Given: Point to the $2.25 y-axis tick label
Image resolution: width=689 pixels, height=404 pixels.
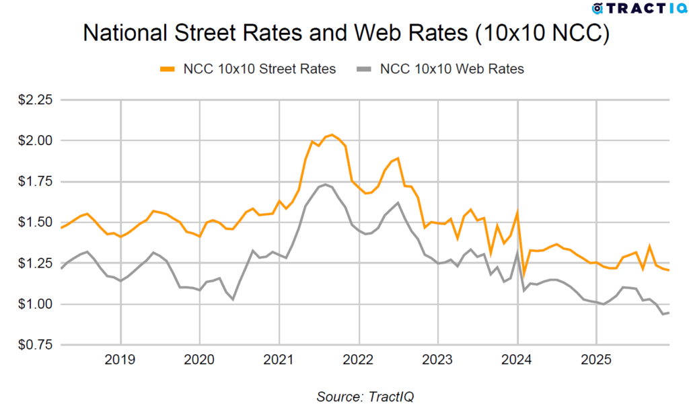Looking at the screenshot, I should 34,99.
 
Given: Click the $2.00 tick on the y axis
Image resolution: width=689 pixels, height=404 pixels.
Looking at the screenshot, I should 34,140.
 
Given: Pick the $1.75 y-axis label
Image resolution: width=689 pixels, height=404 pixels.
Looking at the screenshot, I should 34,181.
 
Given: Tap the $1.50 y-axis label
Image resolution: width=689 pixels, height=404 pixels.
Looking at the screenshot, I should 34,223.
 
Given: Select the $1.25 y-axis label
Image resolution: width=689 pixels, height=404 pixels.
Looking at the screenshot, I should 34,264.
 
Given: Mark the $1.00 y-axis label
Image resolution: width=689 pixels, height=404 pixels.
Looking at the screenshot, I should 34,304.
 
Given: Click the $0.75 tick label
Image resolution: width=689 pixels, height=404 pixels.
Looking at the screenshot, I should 34,345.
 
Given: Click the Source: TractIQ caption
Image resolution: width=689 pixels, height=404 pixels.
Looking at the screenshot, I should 365,396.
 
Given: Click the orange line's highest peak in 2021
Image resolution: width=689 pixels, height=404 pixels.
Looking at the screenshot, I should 332,135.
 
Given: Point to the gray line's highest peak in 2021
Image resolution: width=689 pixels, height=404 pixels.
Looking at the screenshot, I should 326,184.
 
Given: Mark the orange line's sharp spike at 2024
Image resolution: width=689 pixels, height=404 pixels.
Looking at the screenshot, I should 517,212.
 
